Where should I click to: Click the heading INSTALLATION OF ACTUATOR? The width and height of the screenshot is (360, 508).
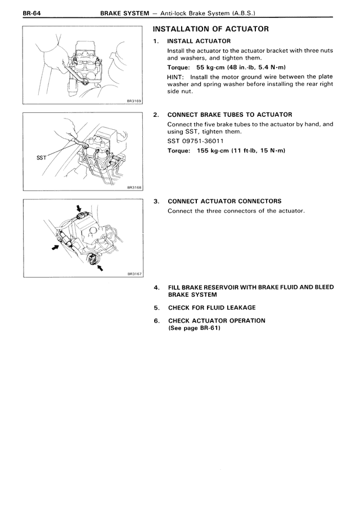211,29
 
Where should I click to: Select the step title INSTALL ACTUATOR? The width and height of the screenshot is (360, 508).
199,41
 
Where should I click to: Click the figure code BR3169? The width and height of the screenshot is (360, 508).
134,101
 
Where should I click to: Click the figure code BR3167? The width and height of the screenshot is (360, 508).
134,274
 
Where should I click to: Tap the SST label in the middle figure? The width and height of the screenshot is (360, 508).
41,158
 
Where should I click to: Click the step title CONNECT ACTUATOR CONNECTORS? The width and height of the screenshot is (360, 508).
224,201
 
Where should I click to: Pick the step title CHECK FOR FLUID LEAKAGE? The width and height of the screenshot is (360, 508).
211,307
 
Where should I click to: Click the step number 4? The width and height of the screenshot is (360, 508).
156,287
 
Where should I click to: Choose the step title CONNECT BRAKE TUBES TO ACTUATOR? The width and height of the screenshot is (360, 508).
229,115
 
